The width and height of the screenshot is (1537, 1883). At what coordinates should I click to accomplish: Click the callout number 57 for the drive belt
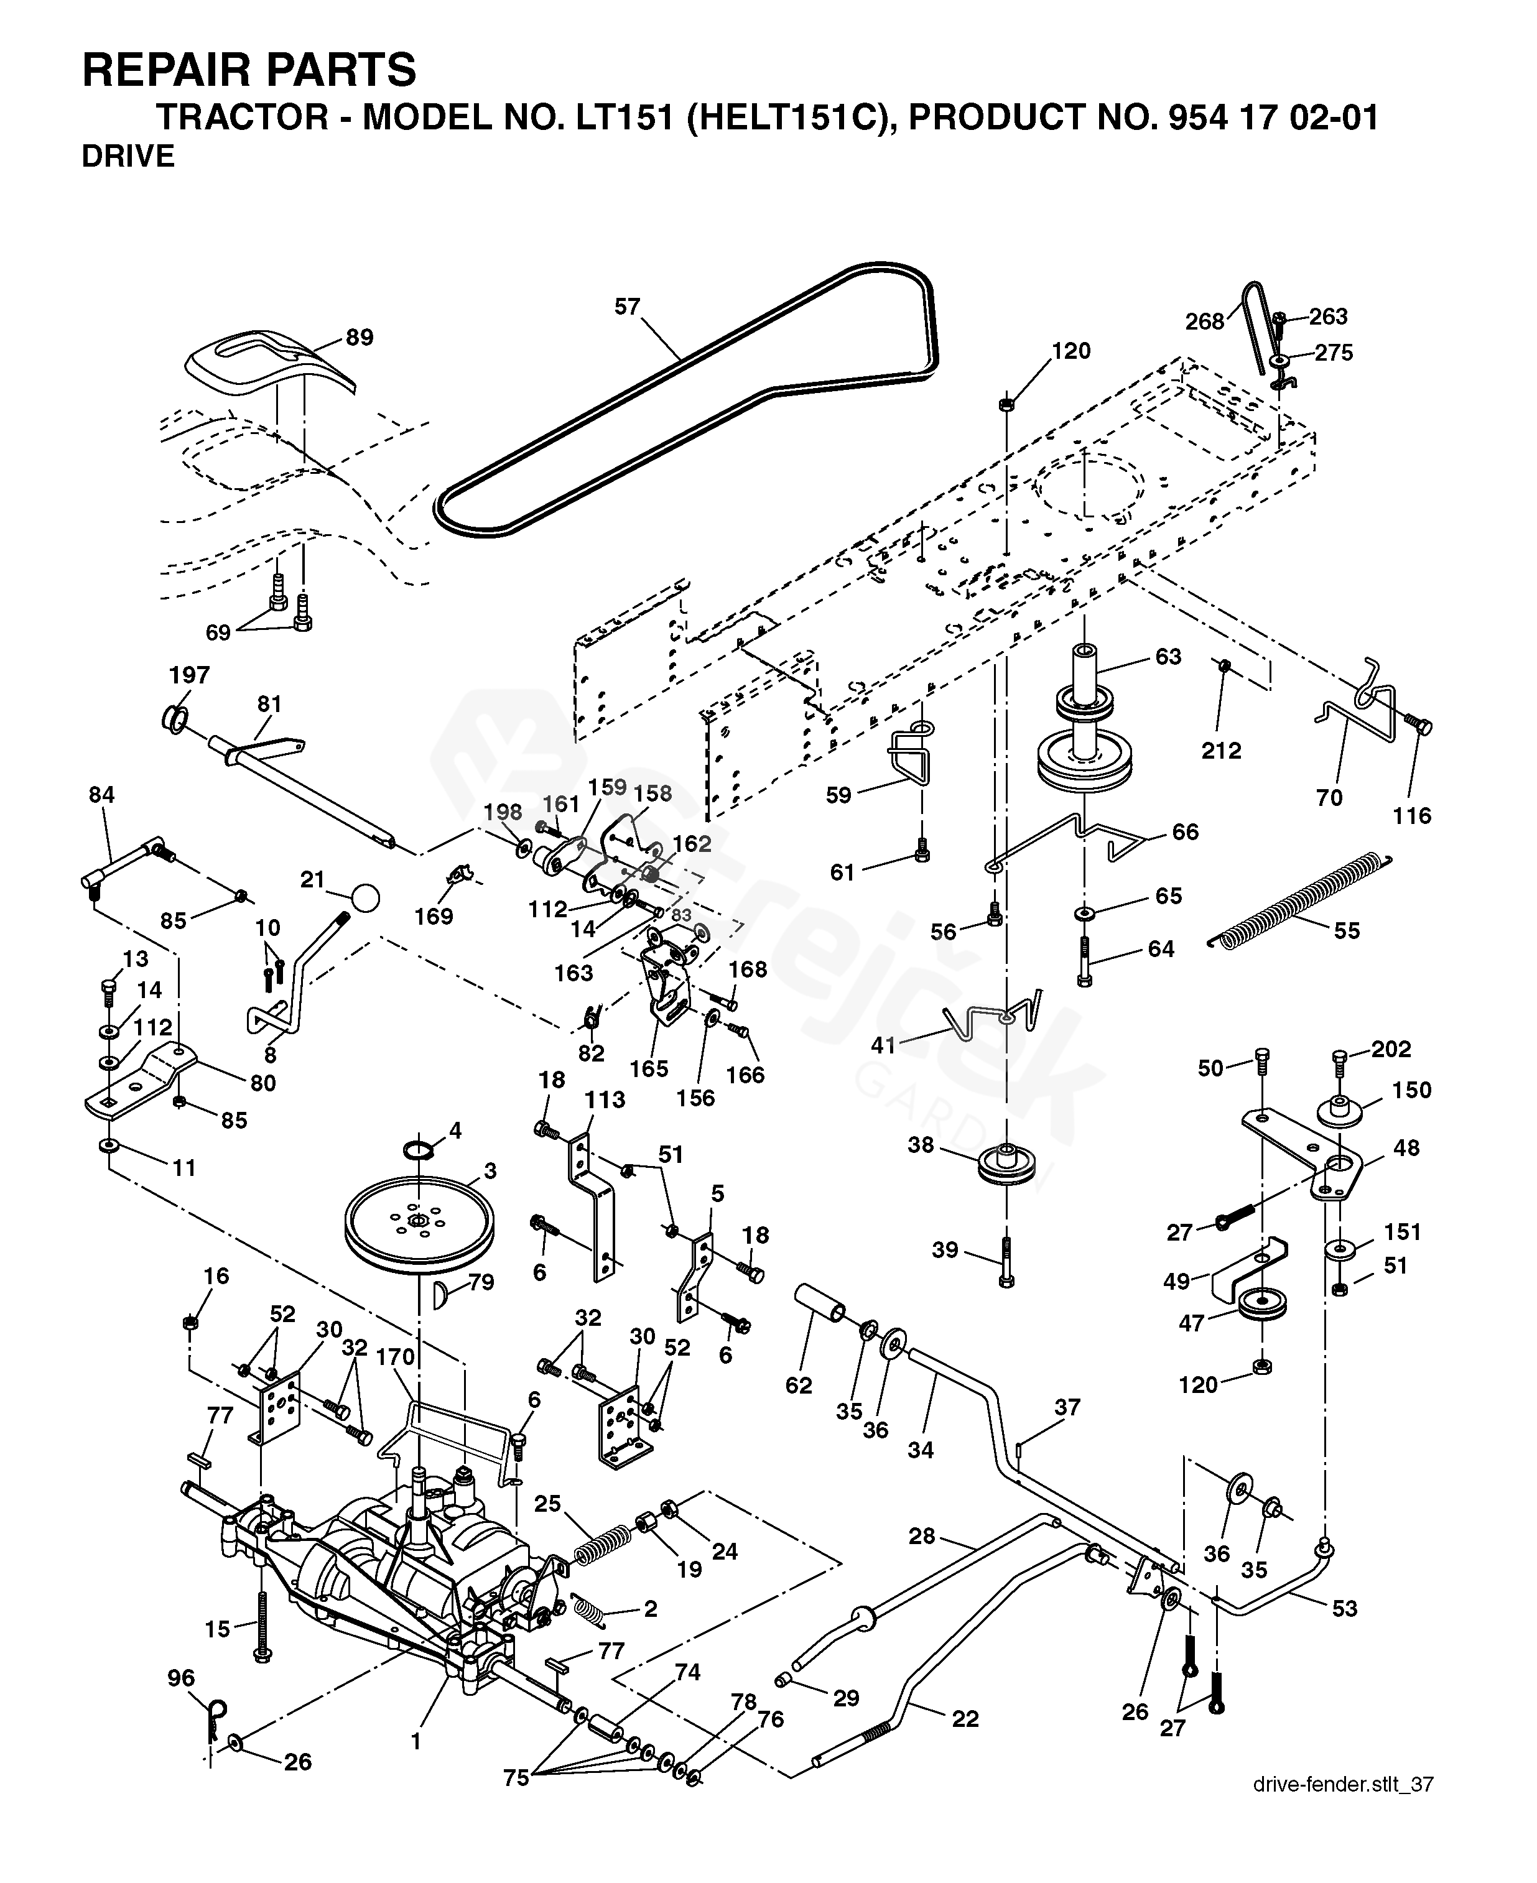pyautogui.click(x=627, y=307)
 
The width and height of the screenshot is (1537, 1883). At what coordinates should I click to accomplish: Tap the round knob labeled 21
pyautogui.click(x=365, y=898)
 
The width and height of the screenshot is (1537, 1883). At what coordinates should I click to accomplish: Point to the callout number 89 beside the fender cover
pyautogui.click(x=360, y=337)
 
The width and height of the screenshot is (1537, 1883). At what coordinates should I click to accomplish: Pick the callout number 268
pyautogui.click(x=1204, y=322)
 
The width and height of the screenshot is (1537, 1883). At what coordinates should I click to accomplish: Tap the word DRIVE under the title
pyautogui.click(x=128, y=157)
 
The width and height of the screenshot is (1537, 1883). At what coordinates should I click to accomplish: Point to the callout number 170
pyautogui.click(x=395, y=1357)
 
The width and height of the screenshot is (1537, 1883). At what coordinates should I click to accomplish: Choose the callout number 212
pyautogui.click(x=1221, y=751)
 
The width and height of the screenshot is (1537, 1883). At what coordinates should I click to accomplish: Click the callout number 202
pyautogui.click(x=1391, y=1049)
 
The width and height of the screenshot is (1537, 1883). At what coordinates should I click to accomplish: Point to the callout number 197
pyautogui.click(x=190, y=675)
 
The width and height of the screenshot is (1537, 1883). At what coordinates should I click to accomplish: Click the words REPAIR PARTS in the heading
pyautogui.click(x=249, y=70)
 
